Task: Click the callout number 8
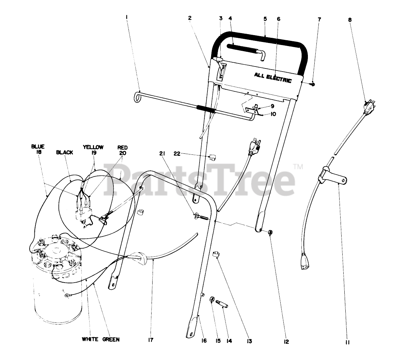[x=350, y=20]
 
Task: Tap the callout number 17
[x=151, y=340]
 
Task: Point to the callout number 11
[x=347, y=342]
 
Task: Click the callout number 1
[x=127, y=16]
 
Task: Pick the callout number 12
[x=286, y=342]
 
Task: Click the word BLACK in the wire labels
[x=64, y=152]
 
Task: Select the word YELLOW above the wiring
[x=93, y=147]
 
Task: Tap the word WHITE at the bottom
[x=91, y=339]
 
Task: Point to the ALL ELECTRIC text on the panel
[x=272, y=77]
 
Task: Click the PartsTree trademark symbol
[x=298, y=167]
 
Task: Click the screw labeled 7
[x=314, y=84]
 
